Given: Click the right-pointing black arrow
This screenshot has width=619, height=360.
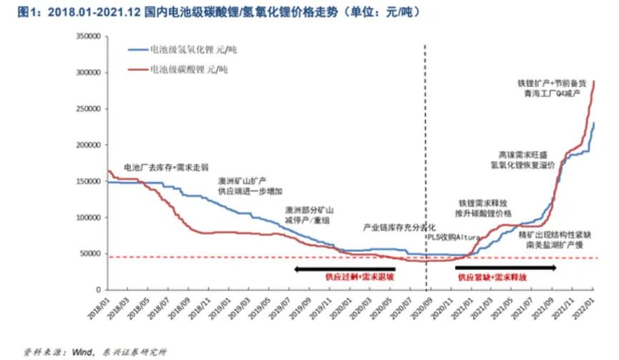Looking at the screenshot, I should click(505, 268).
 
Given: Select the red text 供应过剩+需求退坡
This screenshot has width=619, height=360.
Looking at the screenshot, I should click(354, 276).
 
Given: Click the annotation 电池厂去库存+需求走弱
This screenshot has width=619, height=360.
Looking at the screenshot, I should click(166, 167).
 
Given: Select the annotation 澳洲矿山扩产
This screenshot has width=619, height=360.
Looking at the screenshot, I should click(244, 181).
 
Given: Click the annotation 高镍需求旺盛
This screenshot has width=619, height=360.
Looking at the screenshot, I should click(523, 154).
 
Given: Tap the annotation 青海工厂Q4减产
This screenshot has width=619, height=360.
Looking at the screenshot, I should click(551, 93).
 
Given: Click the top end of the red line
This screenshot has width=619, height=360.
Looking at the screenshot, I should click(594, 81).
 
